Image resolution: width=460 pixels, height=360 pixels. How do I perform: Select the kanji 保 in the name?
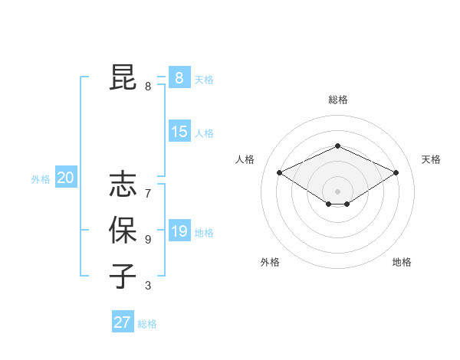[123, 231]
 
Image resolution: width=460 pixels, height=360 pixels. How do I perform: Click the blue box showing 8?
[179, 77]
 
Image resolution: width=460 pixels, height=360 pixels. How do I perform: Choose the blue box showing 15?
[179, 132]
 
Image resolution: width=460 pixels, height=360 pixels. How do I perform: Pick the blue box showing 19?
[179, 231]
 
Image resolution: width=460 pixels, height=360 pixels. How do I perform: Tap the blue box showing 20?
[65, 178]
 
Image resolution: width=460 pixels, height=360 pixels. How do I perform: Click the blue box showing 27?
[123, 322]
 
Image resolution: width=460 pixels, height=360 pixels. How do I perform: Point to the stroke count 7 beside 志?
[148, 193]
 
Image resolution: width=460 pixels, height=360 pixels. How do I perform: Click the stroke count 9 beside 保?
[148, 240]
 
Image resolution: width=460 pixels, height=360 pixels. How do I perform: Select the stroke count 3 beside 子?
[148, 286]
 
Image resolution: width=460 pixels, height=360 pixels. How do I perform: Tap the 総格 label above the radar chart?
[337, 100]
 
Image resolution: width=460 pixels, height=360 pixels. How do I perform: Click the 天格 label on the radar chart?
[431, 159]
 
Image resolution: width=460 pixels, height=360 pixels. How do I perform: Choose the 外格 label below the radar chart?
[270, 262]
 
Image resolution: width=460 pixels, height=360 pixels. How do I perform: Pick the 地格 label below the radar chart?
[402, 262]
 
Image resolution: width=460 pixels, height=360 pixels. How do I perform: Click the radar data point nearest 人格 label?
[280, 172]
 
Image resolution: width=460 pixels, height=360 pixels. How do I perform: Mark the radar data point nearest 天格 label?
[396, 172]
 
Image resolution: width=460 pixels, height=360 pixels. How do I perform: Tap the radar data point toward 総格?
[337, 146]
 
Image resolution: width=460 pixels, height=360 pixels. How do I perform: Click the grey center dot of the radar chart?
[337, 191]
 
